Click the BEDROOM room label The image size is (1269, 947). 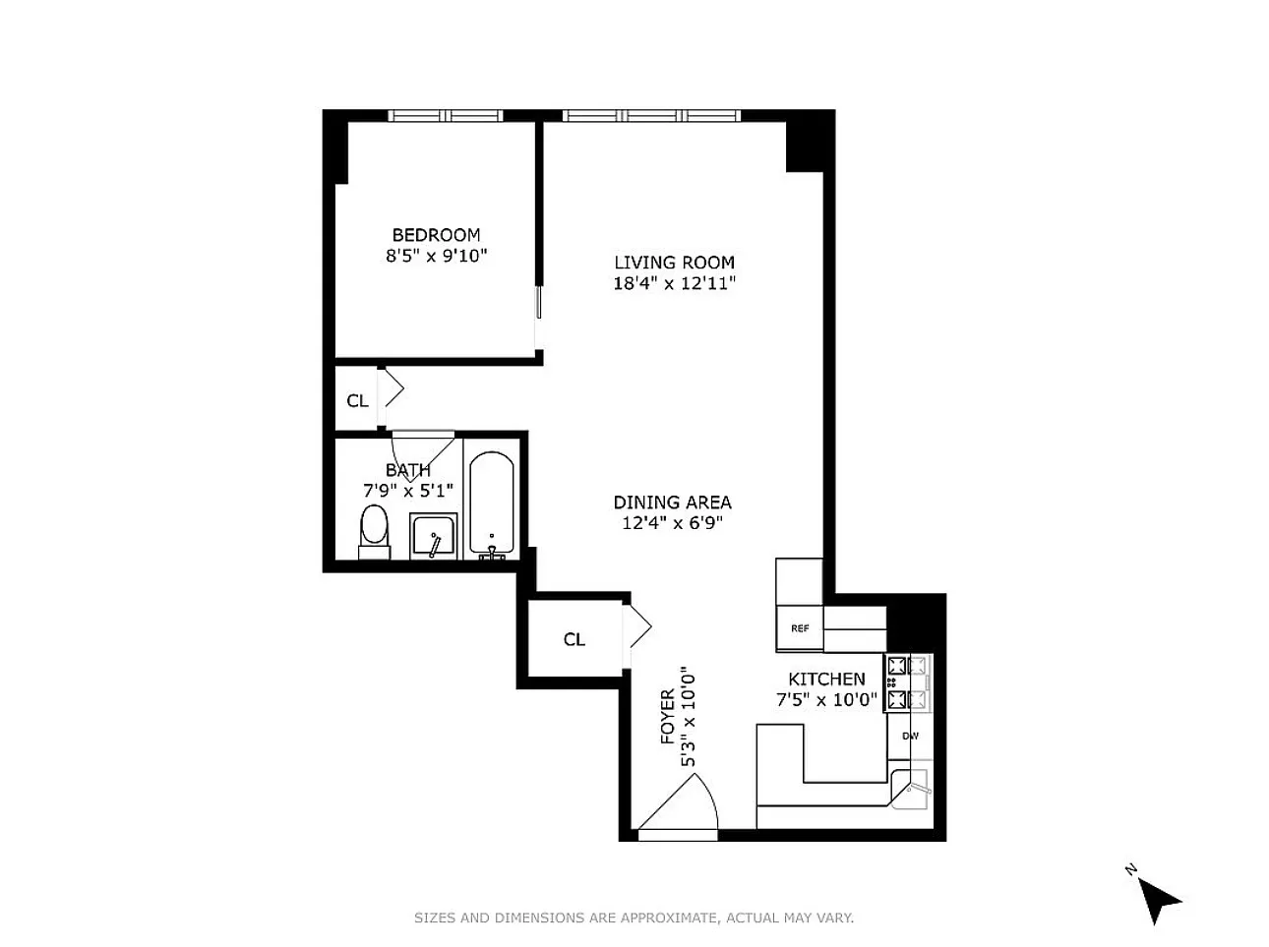[436, 235]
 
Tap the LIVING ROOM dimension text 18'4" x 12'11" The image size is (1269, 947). [674, 283]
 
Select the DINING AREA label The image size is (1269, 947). [672, 503]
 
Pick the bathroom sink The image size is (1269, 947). [433, 536]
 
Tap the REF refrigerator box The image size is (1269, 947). [800, 628]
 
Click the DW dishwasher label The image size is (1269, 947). [910, 737]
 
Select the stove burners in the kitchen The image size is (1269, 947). [908, 682]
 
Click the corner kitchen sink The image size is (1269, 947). [911, 789]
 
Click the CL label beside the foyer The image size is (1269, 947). [574, 639]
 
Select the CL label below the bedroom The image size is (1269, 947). [357, 400]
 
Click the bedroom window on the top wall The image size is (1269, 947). [446, 116]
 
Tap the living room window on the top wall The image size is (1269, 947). [651, 116]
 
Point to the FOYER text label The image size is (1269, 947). [668, 717]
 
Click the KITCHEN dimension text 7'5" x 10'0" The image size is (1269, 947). [826, 700]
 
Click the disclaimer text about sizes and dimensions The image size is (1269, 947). [634, 917]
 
